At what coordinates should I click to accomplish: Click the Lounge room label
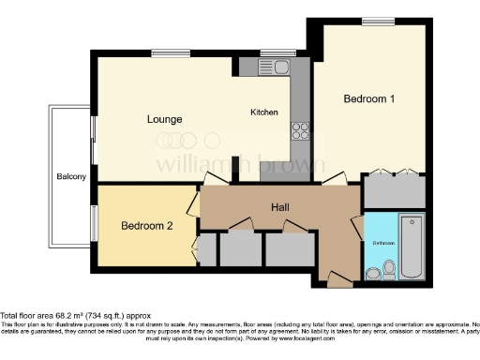pyautogui.click(x=164, y=119)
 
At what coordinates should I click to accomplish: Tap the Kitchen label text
pyautogui.click(x=264, y=112)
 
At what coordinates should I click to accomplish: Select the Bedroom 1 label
pyautogui.click(x=368, y=98)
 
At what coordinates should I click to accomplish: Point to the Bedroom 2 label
pyautogui.click(x=148, y=226)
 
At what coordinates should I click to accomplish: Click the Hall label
pyautogui.click(x=280, y=206)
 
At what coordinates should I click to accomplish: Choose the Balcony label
pyautogui.click(x=71, y=176)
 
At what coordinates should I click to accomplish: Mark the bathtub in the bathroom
pyautogui.click(x=412, y=248)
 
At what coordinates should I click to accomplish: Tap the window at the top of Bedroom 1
pyautogui.click(x=378, y=21)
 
